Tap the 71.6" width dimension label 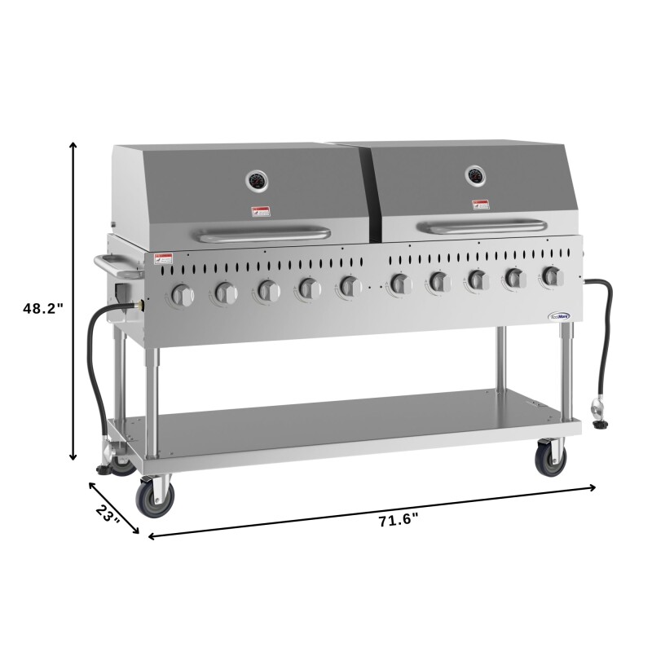point(399,522)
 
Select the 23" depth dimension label point(108,516)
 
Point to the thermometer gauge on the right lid point(475,174)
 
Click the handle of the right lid point(480,225)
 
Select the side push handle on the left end point(109,264)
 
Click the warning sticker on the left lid point(260,213)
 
